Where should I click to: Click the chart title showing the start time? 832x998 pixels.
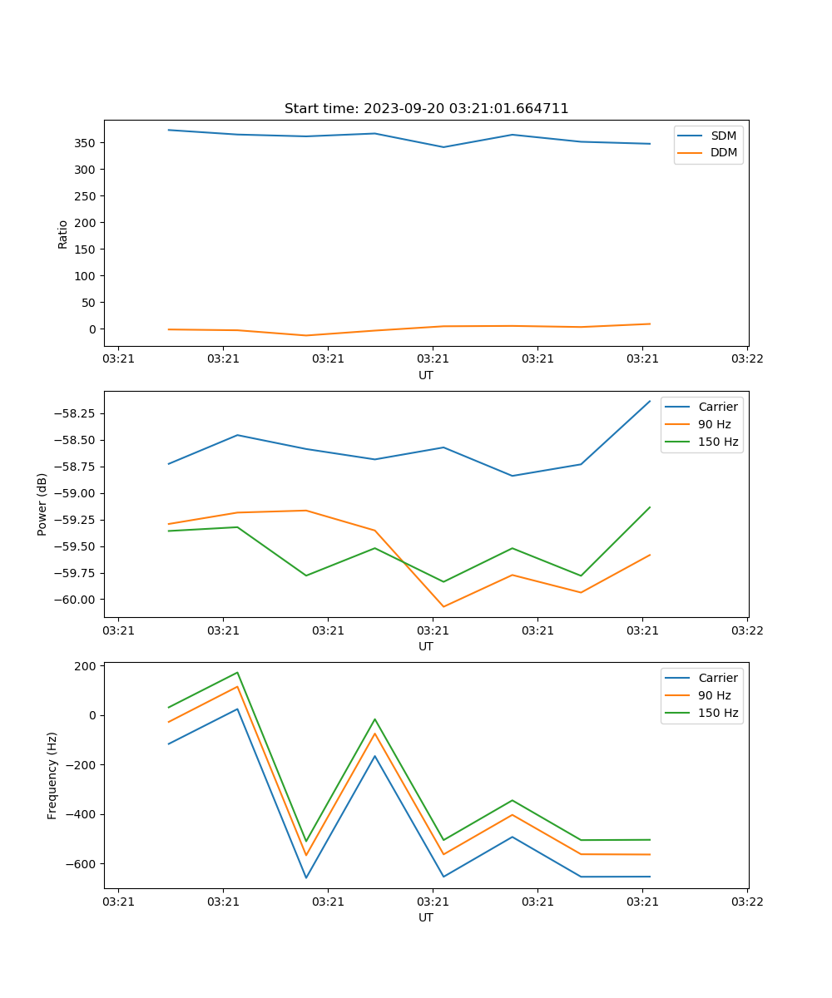[426, 109]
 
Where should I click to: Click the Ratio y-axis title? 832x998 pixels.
[63, 234]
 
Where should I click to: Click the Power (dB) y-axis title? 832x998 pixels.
[42, 504]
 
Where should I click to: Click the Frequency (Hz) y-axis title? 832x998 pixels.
[52, 775]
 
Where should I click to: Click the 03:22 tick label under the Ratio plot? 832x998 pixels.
[746, 359]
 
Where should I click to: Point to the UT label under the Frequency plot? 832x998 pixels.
[426, 917]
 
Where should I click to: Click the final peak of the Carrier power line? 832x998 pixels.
[650, 401]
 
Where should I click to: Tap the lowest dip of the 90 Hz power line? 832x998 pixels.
[443, 606]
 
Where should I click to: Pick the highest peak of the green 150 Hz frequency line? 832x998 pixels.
[237, 672]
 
